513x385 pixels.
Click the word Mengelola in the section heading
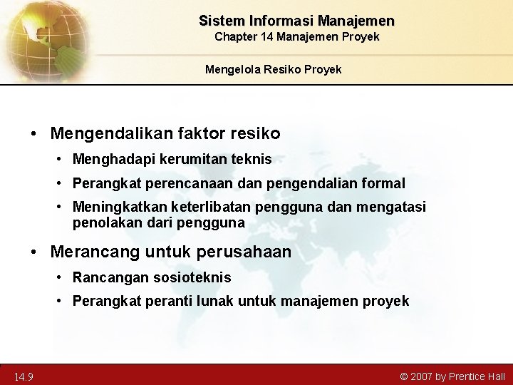229,69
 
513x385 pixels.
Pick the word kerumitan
179,160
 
